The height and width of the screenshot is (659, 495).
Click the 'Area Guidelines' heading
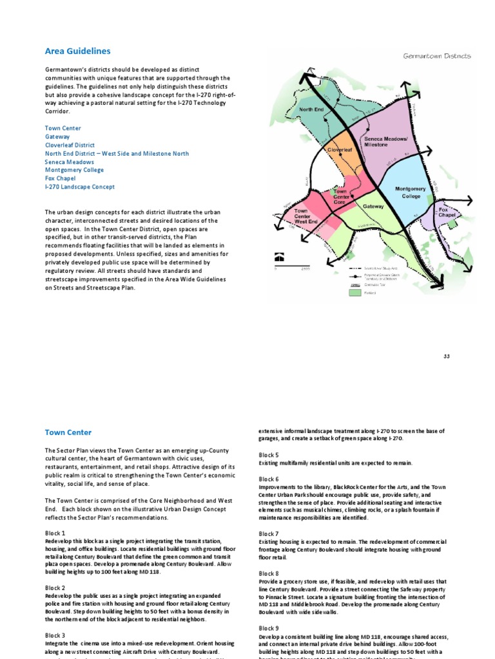pos(77,51)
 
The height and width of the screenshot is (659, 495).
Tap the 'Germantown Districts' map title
pos(437,56)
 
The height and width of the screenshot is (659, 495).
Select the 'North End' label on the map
pos(312,110)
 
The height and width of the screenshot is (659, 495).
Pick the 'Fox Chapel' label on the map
pos(447,213)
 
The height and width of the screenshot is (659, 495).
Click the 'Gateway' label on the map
pos(373,207)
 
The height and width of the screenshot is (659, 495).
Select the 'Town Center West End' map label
pos(306,216)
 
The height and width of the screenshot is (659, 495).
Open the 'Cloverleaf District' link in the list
pos(70,145)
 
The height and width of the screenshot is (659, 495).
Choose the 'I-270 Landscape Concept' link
pos(80,187)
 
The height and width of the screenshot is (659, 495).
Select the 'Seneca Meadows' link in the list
pos(69,162)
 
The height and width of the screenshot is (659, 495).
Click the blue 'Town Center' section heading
pos(68,433)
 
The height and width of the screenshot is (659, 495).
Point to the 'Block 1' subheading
pos(55,534)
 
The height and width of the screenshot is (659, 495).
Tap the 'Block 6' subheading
pos(269,479)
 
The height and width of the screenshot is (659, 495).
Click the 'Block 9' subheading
pos(269,628)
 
